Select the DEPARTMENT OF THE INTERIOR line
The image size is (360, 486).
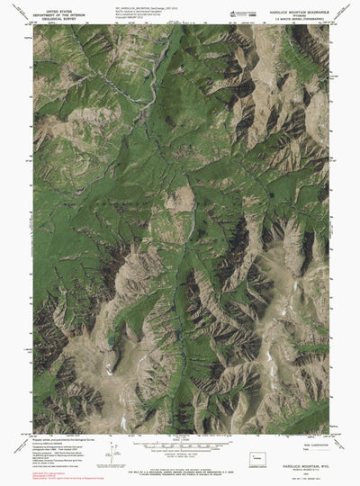56,13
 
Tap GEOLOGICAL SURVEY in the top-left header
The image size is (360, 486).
56,17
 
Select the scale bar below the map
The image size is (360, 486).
180,444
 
